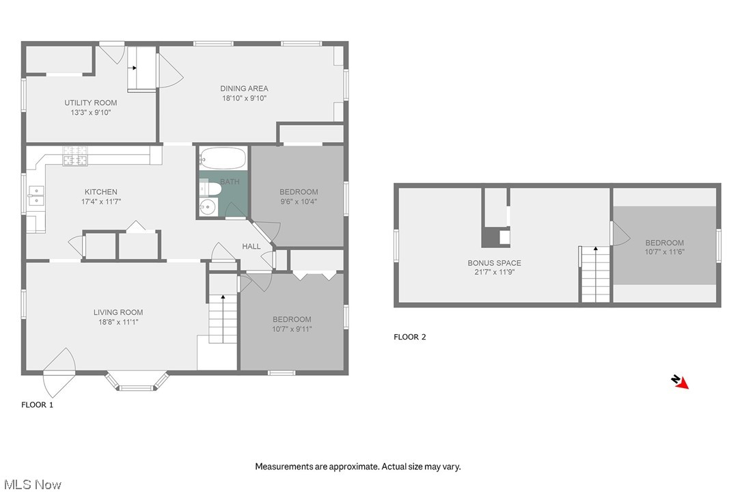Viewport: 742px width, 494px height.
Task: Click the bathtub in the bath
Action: (223, 159)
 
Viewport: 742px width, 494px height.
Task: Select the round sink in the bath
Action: (208, 206)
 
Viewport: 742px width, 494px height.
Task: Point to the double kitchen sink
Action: (36, 196)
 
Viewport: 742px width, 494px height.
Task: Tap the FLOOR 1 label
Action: (37, 404)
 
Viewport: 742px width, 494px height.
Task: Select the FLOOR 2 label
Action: (410, 337)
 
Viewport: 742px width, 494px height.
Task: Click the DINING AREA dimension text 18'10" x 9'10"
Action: (243, 98)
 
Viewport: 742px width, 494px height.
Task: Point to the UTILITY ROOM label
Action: (91, 103)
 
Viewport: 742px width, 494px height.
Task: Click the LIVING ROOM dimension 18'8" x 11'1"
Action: (118, 322)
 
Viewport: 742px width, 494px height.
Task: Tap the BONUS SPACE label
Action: (494, 263)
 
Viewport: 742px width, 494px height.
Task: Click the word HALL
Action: (251, 246)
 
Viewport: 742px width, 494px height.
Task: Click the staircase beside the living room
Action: (222, 319)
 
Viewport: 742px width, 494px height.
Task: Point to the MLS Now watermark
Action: (31, 484)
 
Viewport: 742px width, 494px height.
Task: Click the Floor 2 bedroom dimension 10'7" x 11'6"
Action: (664, 252)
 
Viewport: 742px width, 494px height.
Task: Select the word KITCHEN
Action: (100, 192)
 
